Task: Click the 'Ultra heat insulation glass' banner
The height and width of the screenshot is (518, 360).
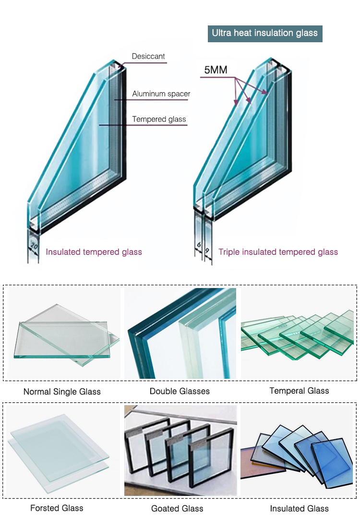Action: pyautogui.click(x=265, y=33)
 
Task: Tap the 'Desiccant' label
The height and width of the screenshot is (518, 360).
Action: pyautogui.click(x=148, y=56)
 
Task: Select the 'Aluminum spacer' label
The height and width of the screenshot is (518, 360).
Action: pyautogui.click(x=161, y=94)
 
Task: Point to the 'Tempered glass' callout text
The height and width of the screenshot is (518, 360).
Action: pyautogui.click(x=159, y=119)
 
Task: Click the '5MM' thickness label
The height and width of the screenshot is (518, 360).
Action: pyautogui.click(x=216, y=70)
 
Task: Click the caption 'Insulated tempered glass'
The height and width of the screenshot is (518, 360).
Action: pyautogui.click(x=94, y=252)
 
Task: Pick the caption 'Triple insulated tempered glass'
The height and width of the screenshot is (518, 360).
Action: pyautogui.click(x=278, y=252)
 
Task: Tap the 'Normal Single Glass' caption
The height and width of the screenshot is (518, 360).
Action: pyautogui.click(x=62, y=392)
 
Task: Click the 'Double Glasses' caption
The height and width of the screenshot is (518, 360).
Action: pyautogui.click(x=180, y=391)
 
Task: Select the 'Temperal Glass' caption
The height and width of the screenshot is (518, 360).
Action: pyautogui.click(x=299, y=391)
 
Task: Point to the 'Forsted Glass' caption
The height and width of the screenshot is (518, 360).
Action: pyautogui.click(x=57, y=508)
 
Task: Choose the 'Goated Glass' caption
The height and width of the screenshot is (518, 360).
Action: pyautogui.click(x=177, y=508)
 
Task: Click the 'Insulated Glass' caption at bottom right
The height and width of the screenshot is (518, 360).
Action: pyautogui.click(x=299, y=508)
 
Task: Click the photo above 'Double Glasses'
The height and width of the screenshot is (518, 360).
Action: pyautogui.click(x=180, y=333)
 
